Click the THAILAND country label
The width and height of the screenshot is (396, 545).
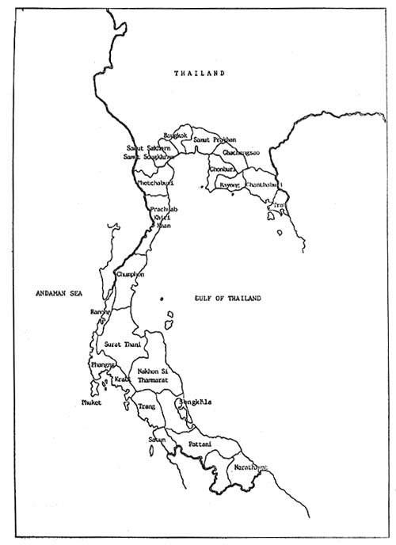(200, 73)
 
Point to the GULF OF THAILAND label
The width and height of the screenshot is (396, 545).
(227, 298)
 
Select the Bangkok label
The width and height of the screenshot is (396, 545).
(175, 136)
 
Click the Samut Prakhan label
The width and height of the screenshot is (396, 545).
(215, 139)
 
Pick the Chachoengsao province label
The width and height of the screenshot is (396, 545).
(240, 151)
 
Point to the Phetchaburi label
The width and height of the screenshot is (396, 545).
(155, 184)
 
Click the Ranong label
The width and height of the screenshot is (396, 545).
(99, 311)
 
